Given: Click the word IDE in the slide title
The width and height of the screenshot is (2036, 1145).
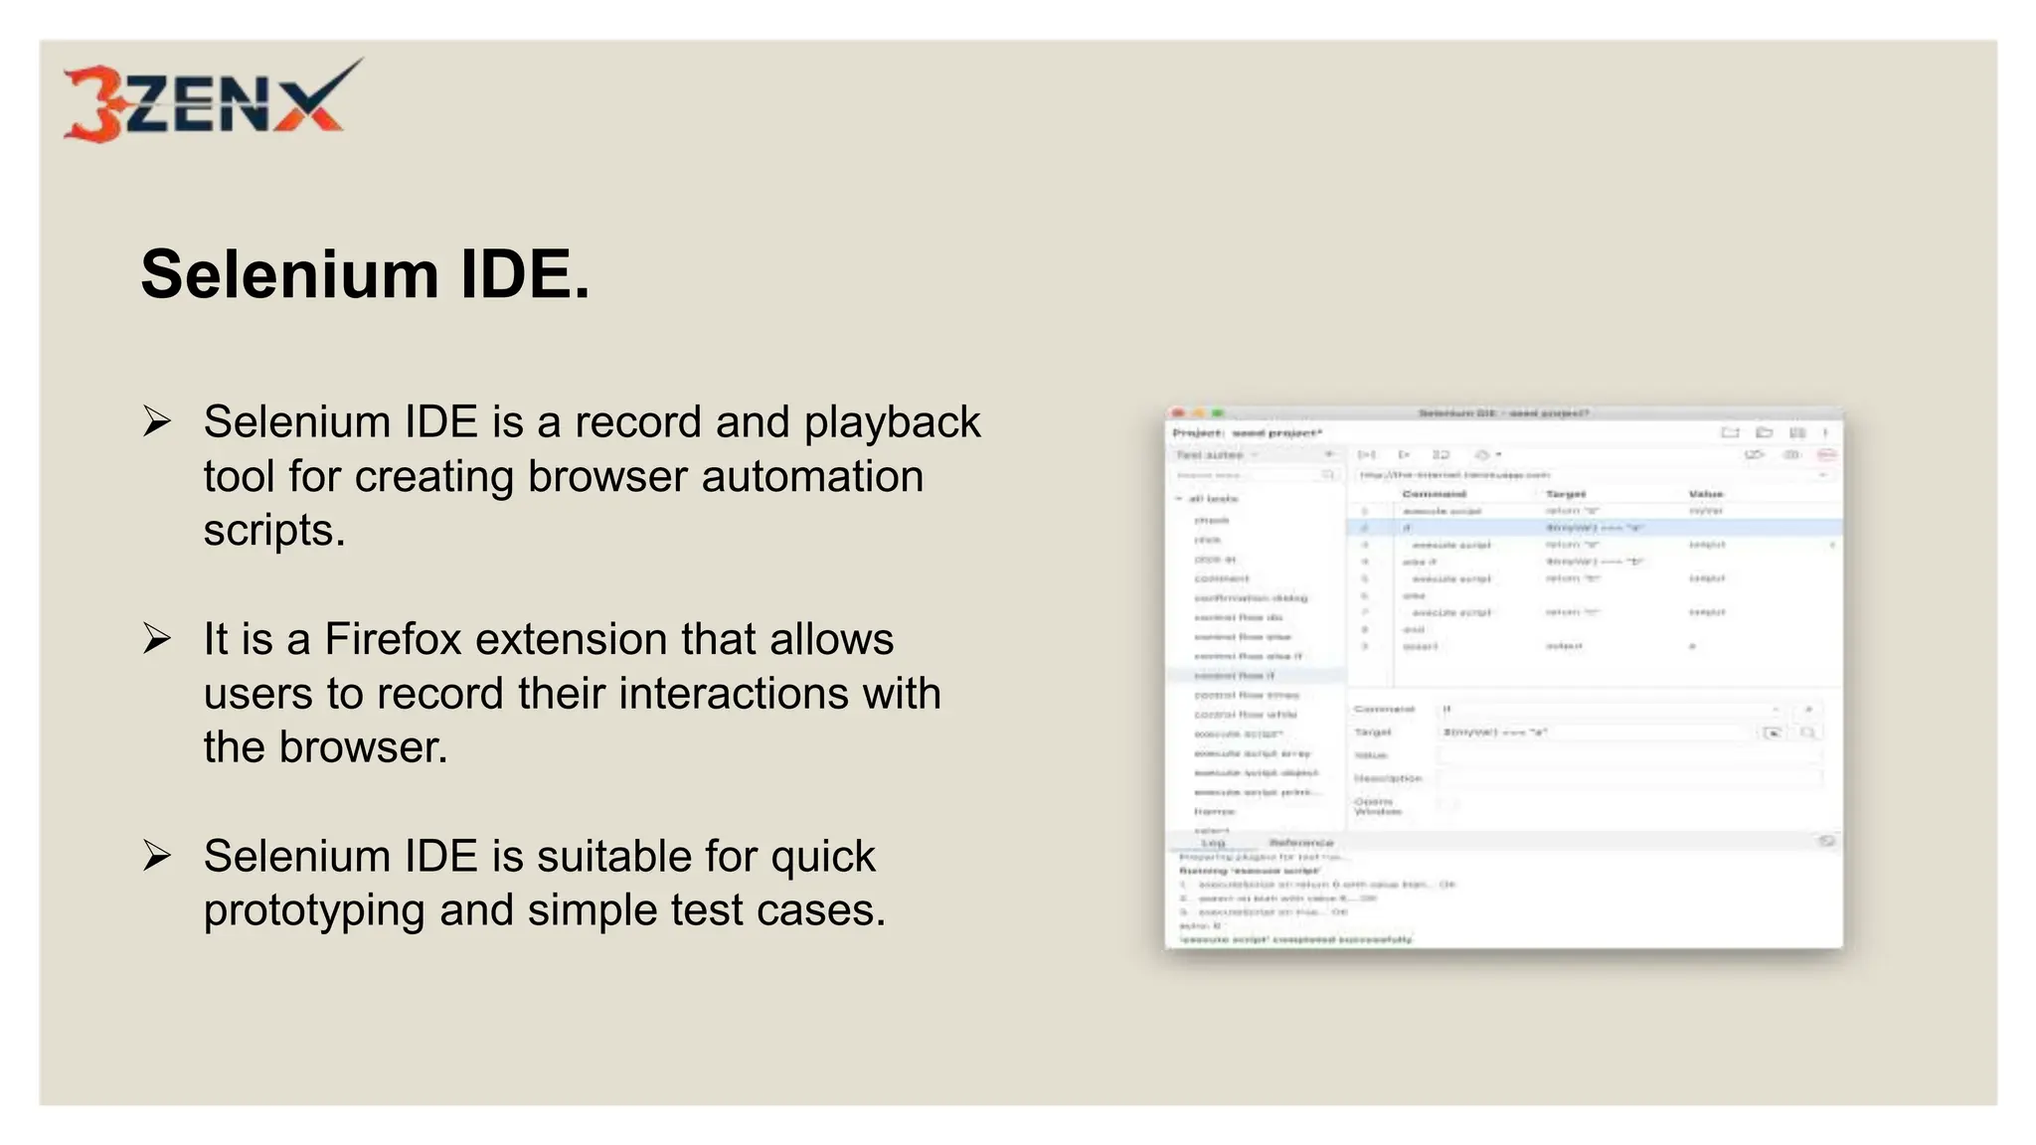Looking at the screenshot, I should (524, 275).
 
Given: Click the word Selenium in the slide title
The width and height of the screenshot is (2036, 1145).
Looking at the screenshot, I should (289, 275).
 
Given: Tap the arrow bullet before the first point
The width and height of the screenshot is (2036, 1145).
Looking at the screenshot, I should (157, 421).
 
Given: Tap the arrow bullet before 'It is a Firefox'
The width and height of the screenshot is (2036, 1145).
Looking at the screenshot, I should (157, 638).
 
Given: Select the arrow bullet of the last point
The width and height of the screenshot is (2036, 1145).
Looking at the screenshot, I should (157, 855).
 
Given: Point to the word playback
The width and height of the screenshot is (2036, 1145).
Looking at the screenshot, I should (892, 422).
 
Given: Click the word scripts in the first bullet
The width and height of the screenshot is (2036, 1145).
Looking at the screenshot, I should (274, 530).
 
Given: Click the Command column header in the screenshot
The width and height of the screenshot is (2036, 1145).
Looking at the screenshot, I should (1434, 494).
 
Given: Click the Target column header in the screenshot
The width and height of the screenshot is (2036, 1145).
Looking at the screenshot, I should (1566, 494).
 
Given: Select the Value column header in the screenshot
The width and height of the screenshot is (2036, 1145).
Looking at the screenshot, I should (1705, 494).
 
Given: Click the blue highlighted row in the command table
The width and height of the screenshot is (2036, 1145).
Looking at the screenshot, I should (1591, 528).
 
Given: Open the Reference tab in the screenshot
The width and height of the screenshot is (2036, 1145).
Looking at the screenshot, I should (1301, 842).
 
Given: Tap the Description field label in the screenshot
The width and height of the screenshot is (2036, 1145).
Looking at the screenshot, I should (1388, 778).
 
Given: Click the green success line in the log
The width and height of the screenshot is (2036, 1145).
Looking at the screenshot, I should (1295, 939).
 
